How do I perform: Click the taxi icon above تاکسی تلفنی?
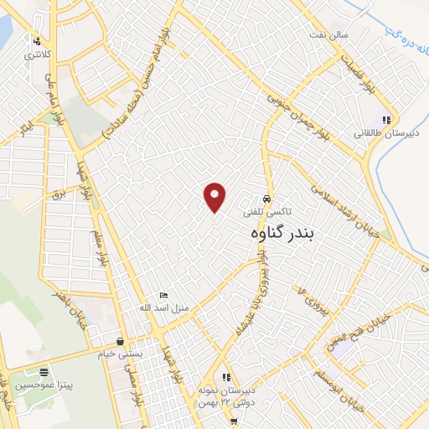[266, 199]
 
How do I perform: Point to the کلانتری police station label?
[37, 54]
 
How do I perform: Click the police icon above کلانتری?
[37, 40]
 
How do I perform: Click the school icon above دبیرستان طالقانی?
[387, 118]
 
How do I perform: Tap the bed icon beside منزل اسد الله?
[164, 296]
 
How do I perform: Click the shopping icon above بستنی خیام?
[122, 341]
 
